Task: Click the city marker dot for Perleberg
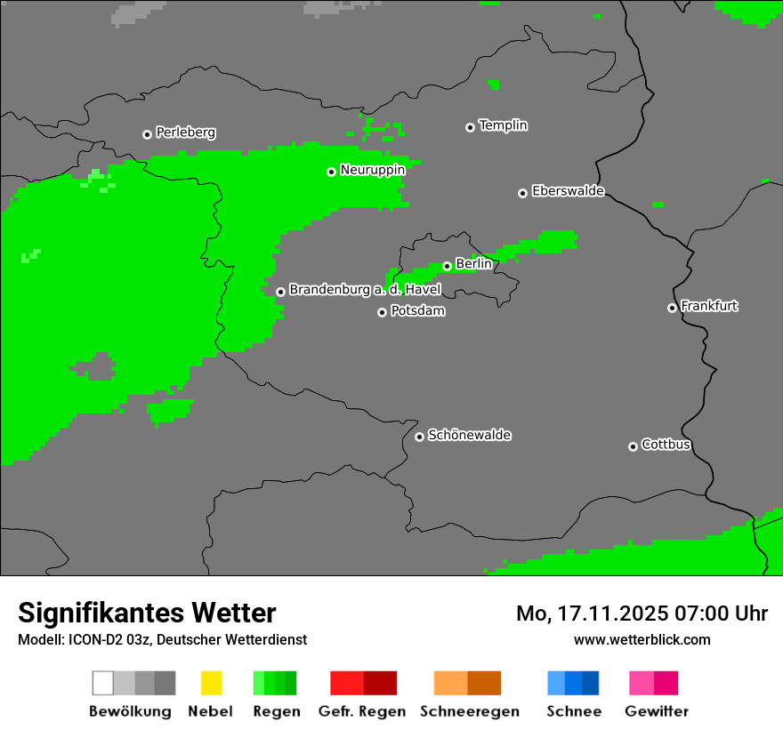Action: [x=147, y=134]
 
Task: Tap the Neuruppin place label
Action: [x=372, y=170]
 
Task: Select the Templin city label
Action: [x=503, y=125]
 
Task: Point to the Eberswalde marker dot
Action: [x=522, y=193]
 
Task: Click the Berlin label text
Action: [x=473, y=264]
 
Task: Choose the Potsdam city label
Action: [x=417, y=311]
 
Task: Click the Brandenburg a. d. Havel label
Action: [x=365, y=290]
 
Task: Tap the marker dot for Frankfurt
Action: [x=672, y=308]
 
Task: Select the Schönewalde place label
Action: [x=469, y=435]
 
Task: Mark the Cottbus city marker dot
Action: [x=633, y=446]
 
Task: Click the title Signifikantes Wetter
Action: [x=147, y=613]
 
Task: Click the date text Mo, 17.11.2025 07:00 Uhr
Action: [x=642, y=614]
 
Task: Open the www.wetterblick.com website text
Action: [x=642, y=639]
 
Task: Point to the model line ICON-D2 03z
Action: [x=162, y=639]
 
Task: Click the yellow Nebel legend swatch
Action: [x=211, y=683]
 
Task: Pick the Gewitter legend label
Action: [x=656, y=711]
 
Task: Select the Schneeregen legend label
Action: [x=469, y=711]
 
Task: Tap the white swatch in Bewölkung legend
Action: [x=103, y=683]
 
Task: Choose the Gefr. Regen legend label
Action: [x=361, y=711]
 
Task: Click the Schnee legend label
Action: [x=573, y=711]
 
